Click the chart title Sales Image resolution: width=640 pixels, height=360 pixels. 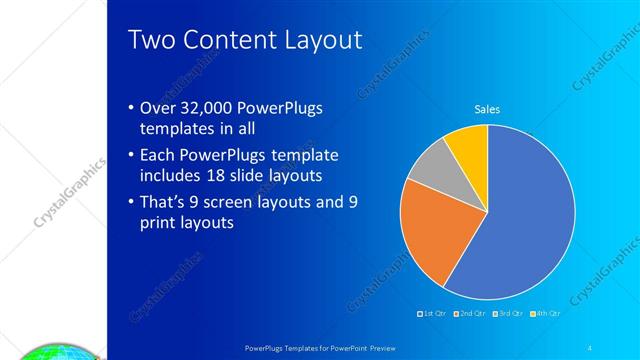coord(487,109)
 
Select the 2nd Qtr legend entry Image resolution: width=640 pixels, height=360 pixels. coord(470,314)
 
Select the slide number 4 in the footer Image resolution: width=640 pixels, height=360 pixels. coord(590,346)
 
